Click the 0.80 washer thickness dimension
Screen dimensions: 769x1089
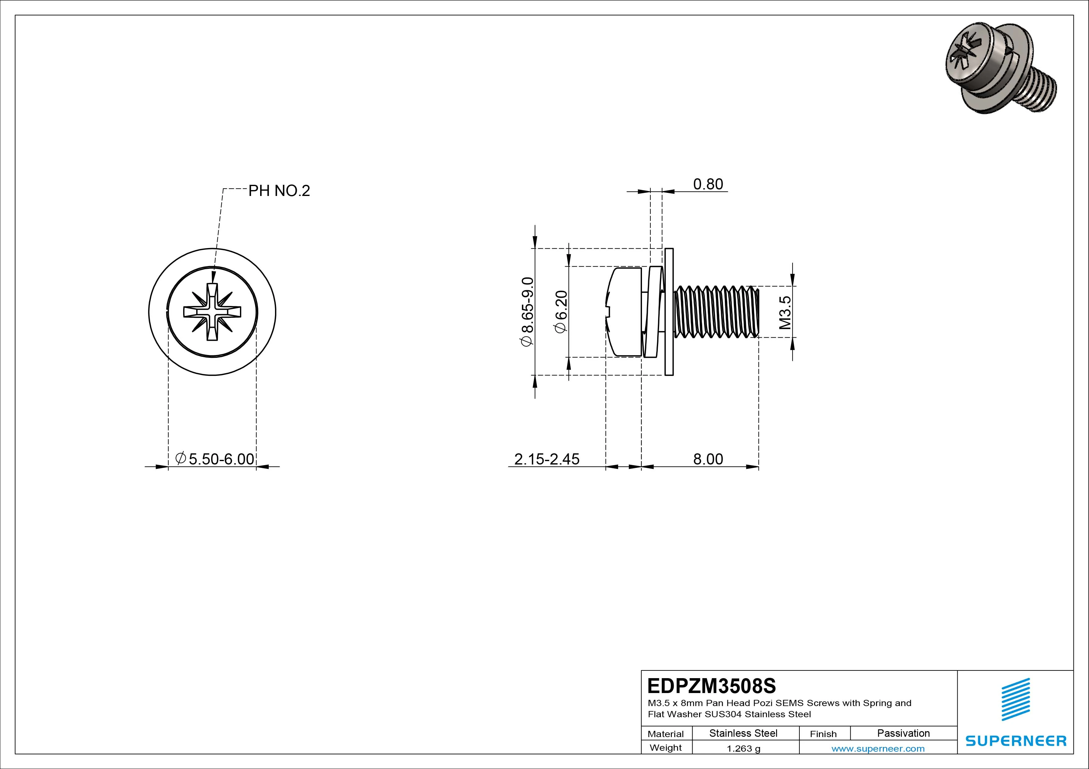708,184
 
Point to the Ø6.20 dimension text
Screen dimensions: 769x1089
561,311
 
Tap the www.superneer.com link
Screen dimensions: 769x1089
878,749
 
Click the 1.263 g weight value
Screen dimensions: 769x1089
743,749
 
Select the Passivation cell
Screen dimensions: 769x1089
903,733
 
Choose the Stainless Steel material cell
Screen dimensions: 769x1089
743,733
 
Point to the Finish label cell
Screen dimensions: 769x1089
823,734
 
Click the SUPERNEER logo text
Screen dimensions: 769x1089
1016,740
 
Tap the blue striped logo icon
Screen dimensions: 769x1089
1015,699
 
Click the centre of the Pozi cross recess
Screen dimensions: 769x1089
212,312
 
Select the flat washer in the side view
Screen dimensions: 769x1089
669,312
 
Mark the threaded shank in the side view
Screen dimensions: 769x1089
716,312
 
